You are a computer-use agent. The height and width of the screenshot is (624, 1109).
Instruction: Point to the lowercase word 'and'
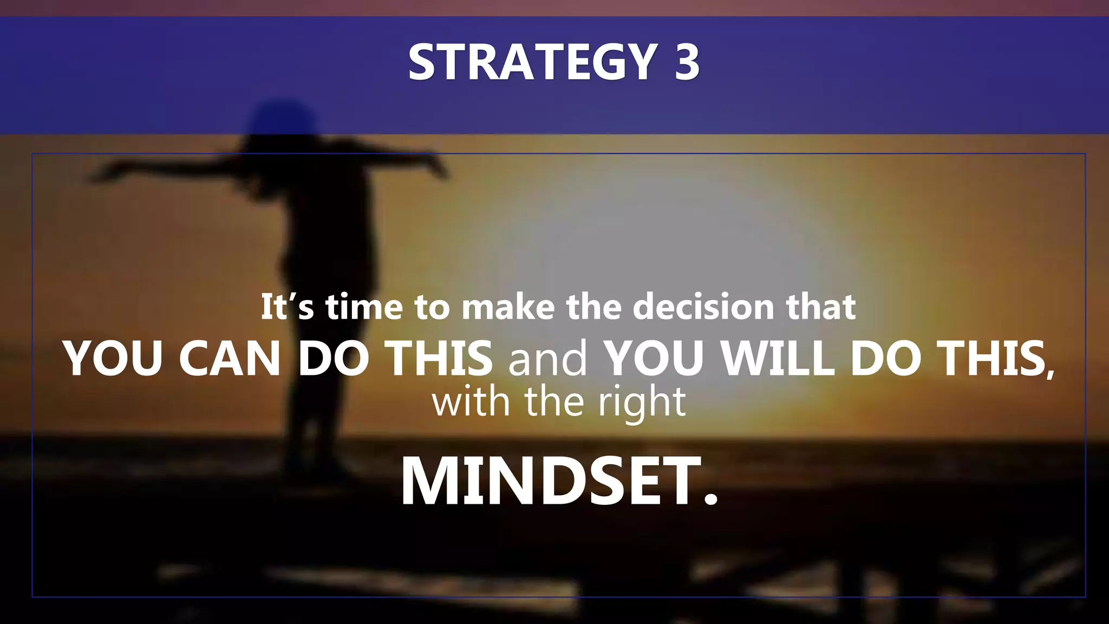point(547,359)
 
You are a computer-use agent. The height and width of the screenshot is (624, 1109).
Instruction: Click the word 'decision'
point(704,307)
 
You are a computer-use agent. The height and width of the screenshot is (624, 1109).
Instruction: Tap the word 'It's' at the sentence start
point(287,307)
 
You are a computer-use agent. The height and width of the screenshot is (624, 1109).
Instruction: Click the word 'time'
point(363,307)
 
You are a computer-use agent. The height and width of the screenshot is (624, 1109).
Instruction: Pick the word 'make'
point(508,307)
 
